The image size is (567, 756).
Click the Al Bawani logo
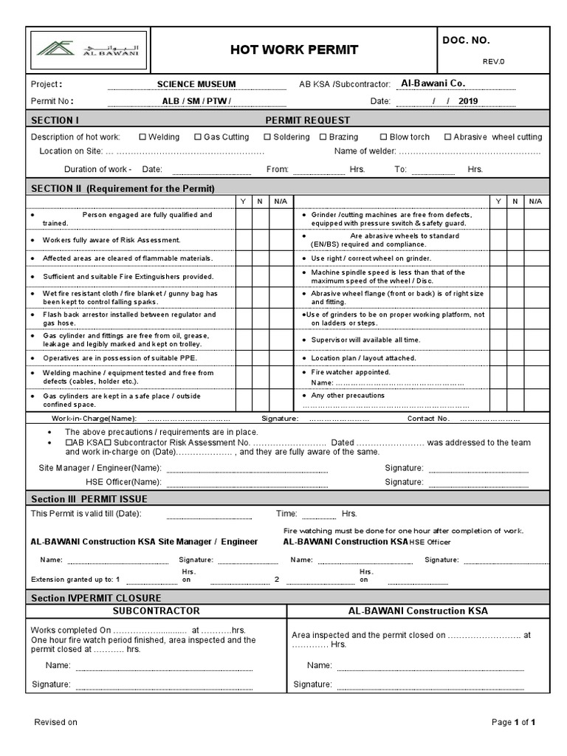pos(92,49)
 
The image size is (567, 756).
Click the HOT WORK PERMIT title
pos(295,49)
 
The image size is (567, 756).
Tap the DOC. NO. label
pos(467,41)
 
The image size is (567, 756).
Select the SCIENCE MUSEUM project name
pos(196,84)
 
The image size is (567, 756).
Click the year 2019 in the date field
pos(468,101)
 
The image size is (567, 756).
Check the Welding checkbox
pos(142,137)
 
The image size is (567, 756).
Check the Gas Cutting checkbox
pos(198,137)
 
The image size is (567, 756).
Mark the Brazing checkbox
pos(323,137)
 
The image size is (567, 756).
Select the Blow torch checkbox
pos(383,137)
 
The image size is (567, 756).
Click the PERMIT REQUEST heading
pos(307,120)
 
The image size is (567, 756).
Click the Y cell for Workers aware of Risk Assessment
pos(243,240)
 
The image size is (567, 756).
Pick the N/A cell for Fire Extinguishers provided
pos(281,276)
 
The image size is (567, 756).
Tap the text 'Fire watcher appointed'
pos(351,372)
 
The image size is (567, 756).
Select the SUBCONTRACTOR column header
pos(156,611)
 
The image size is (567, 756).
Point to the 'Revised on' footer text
pos(56,722)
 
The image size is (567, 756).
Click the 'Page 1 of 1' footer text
pos(513,722)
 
